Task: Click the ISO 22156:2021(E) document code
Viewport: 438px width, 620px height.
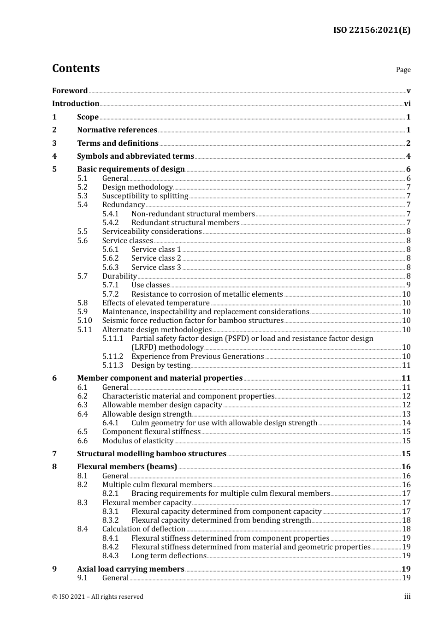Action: (x=372, y=30)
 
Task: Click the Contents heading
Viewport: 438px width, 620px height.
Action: (x=76, y=68)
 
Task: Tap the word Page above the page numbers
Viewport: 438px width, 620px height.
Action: (x=403, y=70)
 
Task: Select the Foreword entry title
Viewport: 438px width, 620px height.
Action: (x=70, y=91)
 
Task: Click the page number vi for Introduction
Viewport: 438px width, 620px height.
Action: (x=407, y=104)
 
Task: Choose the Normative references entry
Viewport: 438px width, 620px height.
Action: (x=117, y=130)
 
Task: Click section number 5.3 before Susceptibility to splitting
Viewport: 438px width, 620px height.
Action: (x=82, y=196)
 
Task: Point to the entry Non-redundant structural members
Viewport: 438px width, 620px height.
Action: (x=193, y=214)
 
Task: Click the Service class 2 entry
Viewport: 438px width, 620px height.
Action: (x=156, y=258)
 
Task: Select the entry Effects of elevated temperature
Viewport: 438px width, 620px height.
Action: (x=156, y=303)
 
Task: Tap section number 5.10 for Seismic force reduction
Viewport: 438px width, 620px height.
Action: (x=84, y=321)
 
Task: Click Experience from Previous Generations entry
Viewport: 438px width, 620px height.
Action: (x=197, y=357)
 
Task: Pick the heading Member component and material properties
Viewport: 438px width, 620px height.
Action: (x=160, y=378)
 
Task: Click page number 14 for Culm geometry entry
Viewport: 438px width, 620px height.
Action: (x=406, y=423)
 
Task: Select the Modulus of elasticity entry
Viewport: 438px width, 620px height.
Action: (x=137, y=441)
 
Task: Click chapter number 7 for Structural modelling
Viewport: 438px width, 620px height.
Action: (x=54, y=454)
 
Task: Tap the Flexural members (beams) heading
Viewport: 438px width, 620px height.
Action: (x=127, y=467)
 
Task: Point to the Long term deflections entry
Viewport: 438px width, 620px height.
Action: (x=169, y=556)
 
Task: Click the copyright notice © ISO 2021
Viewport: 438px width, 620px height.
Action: (x=97, y=597)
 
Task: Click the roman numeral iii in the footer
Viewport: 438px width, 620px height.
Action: (x=407, y=596)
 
